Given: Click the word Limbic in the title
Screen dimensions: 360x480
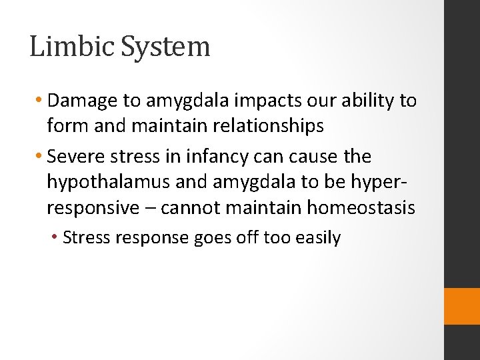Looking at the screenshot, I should tap(64, 47).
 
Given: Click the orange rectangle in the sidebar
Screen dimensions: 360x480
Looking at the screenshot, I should tap(461, 307).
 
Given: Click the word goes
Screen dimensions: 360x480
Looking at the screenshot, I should tap(211, 238).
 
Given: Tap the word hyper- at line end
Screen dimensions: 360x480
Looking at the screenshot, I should tap(387, 182).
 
